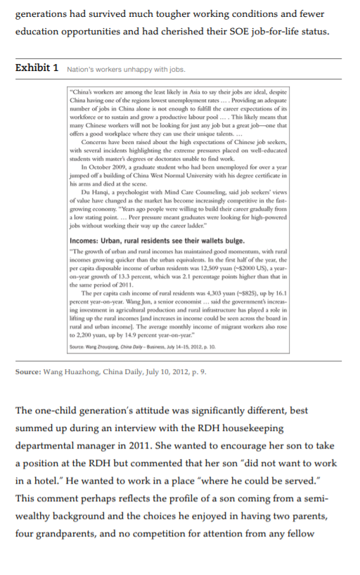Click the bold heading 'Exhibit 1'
coord(37,68)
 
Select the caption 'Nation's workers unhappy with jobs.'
coord(126,70)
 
